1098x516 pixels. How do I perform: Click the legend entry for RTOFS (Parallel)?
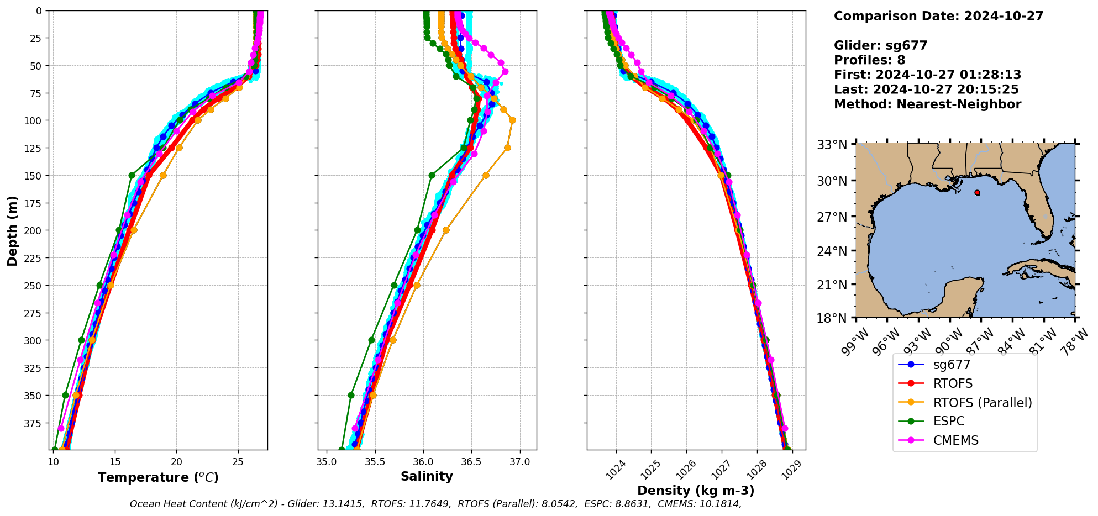(x=982, y=403)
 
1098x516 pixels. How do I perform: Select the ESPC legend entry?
(x=948, y=422)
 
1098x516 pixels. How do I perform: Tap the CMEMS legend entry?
(x=955, y=440)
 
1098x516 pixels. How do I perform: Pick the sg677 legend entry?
(x=952, y=365)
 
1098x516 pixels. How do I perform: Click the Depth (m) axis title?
(x=12, y=230)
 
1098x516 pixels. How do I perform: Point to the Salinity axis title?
(x=427, y=477)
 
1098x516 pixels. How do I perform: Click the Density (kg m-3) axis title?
(x=696, y=491)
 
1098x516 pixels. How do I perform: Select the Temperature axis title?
(x=158, y=477)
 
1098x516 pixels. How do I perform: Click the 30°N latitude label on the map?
(x=832, y=181)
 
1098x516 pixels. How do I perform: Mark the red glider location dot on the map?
(x=978, y=193)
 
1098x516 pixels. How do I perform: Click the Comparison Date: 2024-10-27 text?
(x=938, y=16)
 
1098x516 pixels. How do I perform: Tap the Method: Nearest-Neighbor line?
(x=927, y=104)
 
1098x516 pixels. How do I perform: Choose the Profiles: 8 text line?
(x=869, y=60)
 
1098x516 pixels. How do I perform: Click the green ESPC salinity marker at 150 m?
(x=432, y=176)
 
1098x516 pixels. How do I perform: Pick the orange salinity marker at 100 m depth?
(x=512, y=120)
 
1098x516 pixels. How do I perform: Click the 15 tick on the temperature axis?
(x=115, y=462)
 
